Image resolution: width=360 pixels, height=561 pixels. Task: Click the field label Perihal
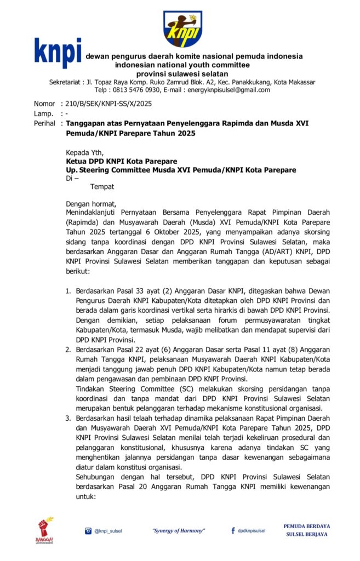click(x=44, y=124)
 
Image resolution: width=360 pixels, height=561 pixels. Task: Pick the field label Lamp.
click(x=43, y=113)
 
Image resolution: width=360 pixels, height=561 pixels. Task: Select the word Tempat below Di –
click(x=102, y=187)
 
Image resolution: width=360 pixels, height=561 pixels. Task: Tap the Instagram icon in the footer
click(x=88, y=530)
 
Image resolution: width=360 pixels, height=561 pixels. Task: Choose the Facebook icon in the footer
click(x=233, y=530)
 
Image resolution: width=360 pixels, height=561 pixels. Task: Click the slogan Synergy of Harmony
click(x=179, y=530)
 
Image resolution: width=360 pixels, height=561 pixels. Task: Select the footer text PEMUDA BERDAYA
click(x=306, y=526)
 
